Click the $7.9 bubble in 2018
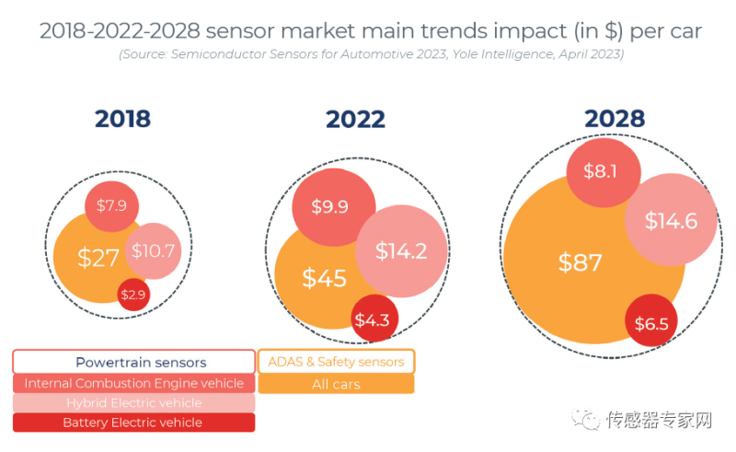click(111, 204)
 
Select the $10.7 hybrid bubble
click(153, 249)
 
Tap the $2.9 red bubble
click(132, 295)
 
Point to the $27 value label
click(98, 258)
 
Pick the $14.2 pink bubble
click(401, 250)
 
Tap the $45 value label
click(324, 278)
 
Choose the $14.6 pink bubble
click(671, 221)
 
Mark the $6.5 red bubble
click(652, 322)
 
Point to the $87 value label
click(580, 261)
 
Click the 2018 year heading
click(122, 119)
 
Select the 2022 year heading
click(355, 119)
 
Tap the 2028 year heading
click(615, 119)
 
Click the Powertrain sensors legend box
click(134, 362)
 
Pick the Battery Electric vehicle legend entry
click(134, 423)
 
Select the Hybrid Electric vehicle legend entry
click(134, 402)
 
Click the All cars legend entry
click(336, 383)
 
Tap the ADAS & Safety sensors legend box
click(336, 362)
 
